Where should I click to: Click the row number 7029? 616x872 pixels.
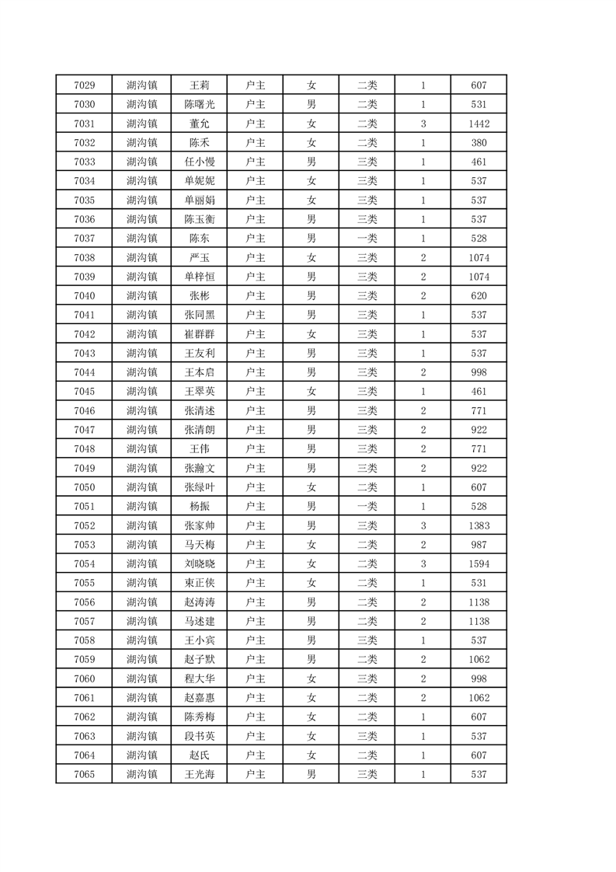pyautogui.click(x=84, y=85)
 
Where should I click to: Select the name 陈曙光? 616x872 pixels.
pyautogui.click(x=199, y=105)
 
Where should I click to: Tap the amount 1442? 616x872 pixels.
pyautogui.click(x=479, y=124)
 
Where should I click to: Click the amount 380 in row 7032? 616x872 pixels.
pyautogui.click(x=479, y=143)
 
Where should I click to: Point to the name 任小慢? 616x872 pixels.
pyautogui.click(x=199, y=162)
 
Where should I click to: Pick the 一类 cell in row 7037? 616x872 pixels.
pyautogui.click(x=367, y=239)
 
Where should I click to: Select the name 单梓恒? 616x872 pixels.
pyautogui.click(x=199, y=277)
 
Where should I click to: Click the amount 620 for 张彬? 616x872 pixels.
pyautogui.click(x=479, y=296)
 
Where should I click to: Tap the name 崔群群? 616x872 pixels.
pyautogui.click(x=199, y=334)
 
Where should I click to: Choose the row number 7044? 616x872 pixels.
pyautogui.click(x=84, y=372)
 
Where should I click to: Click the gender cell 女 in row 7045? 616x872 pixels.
pyautogui.click(x=311, y=392)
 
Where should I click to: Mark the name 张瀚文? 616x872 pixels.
pyautogui.click(x=199, y=468)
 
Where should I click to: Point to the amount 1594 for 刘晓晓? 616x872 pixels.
pyautogui.click(x=479, y=564)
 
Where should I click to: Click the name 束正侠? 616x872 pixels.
pyautogui.click(x=199, y=583)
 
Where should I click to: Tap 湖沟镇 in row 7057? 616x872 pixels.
pyautogui.click(x=141, y=621)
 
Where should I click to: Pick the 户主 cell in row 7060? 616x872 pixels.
pyautogui.click(x=255, y=678)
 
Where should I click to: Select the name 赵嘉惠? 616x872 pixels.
pyautogui.click(x=199, y=698)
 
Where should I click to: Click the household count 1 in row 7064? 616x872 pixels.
pyautogui.click(x=423, y=755)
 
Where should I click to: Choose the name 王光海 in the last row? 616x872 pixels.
pyautogui.click(x=199, y=774)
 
